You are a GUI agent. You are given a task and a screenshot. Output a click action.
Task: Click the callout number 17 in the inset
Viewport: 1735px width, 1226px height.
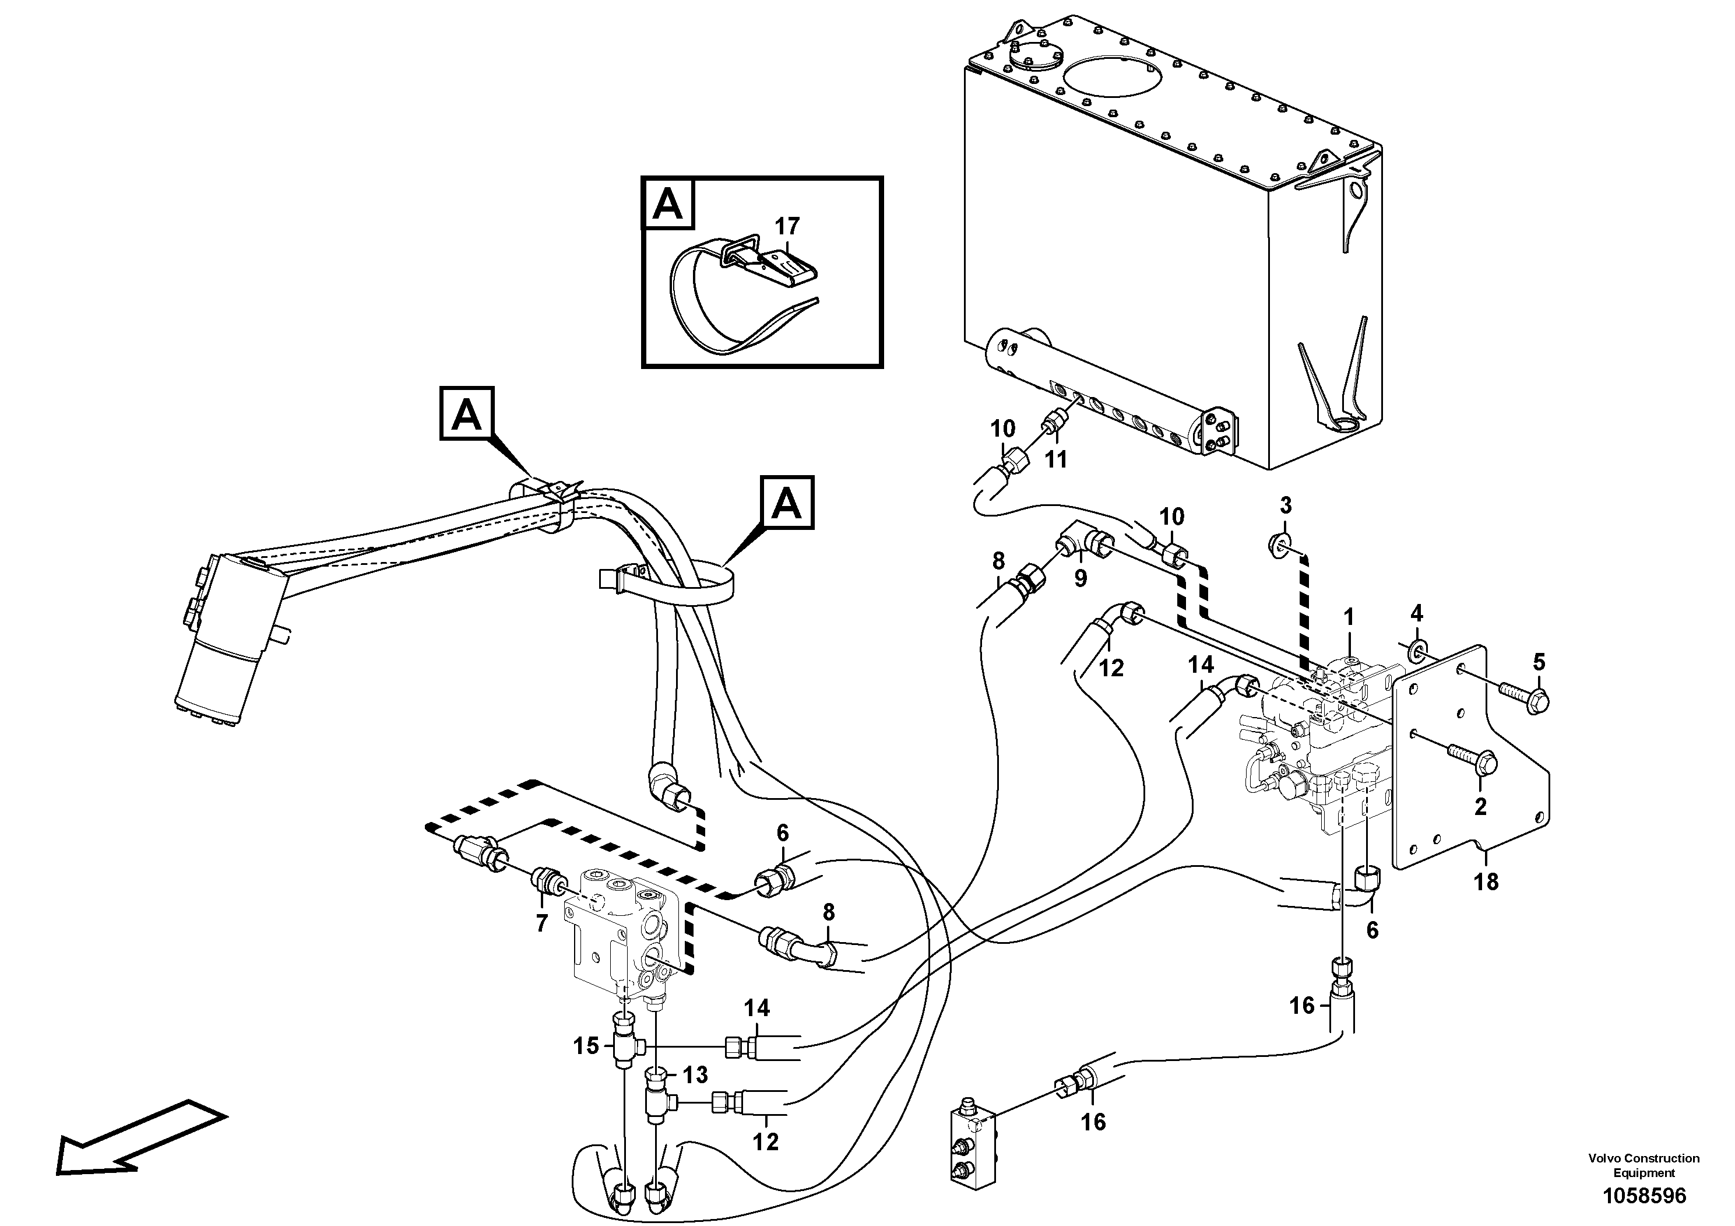point(787,226)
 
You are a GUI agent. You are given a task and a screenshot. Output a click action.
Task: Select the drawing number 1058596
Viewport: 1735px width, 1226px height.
point(1644,1196)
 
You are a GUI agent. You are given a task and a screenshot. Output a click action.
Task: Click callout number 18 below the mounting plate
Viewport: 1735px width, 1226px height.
point(1486,881)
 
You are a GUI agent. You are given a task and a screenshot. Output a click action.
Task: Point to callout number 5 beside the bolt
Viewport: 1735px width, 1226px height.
point(1539,663)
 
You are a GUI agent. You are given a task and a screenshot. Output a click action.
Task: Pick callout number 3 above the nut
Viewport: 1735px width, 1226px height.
point(1286,505)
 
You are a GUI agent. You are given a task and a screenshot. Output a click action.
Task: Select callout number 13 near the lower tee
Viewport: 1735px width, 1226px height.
point(695,1074)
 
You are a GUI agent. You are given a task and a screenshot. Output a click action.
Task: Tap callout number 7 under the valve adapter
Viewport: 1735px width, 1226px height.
point(541,923)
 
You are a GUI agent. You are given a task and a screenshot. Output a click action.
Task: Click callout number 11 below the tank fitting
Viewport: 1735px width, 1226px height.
point(1055,459)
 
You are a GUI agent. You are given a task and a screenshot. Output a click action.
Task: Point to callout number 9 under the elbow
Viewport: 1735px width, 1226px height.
point(1081,579)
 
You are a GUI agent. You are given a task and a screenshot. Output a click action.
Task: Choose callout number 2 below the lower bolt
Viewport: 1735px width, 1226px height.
point(1480,806)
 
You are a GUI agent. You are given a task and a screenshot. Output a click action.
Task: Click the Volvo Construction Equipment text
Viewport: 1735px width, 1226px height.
point(1644,1165)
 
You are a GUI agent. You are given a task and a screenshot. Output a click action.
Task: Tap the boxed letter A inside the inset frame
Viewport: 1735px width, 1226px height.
point(667,204)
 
